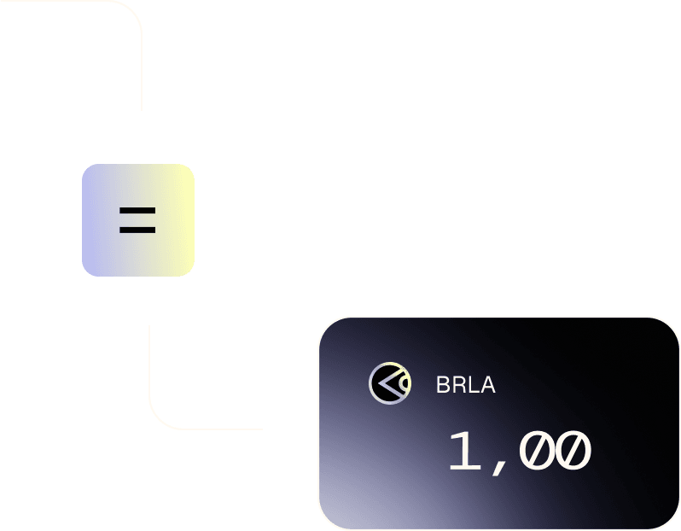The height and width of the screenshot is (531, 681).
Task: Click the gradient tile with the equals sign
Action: [138, 219]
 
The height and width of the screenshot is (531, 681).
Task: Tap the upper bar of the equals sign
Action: [137, 210]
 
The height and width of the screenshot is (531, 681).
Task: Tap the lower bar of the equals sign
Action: [137, 230]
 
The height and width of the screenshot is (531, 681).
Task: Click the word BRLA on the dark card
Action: [465, 385]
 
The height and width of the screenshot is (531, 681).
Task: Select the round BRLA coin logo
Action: [390, 383]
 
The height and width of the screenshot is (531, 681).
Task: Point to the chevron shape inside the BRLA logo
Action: [386, 384]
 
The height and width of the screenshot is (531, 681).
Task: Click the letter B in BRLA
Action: [443, 385]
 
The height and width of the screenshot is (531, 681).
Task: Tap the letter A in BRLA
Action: [487, 385]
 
